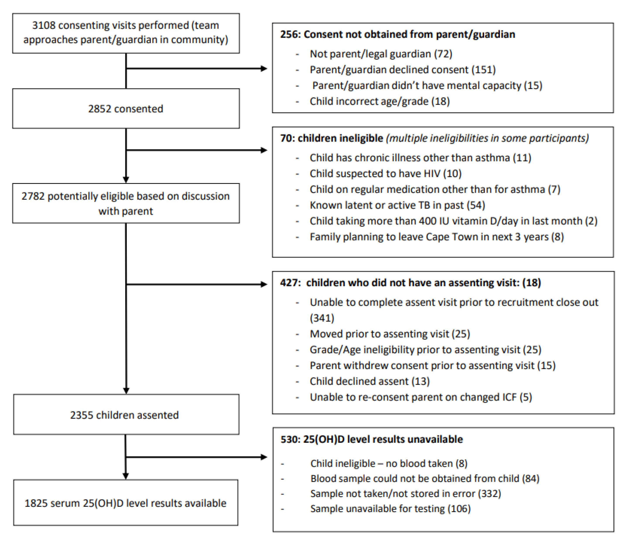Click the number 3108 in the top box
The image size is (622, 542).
(x=44, y=25)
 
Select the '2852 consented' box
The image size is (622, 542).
(x=126, y=109)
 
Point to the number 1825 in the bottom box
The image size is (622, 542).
(x=36, y=503)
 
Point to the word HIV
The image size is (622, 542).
(x=432, y=174)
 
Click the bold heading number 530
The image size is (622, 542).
(x=290, y=439)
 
